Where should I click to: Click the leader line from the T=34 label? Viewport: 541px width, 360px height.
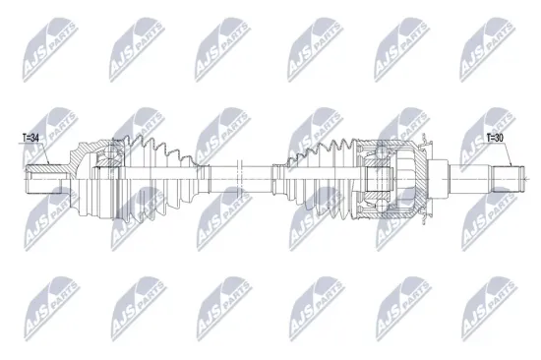click(24, 157)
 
